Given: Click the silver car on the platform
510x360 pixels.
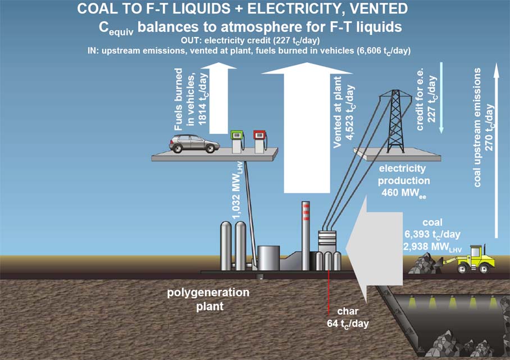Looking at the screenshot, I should tap(195, 143).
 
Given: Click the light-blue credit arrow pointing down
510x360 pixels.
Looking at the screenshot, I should tap(440, 98).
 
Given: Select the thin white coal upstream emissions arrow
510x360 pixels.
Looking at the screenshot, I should tap(497, 152).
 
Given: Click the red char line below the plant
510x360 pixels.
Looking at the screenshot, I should tap(327, 292).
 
